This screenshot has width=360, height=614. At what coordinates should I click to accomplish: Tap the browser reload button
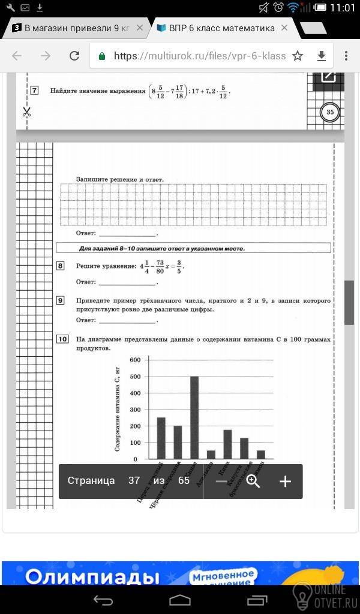click(x=74, y=56)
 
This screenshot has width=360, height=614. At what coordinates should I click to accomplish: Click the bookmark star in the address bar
click(x=298, y=56)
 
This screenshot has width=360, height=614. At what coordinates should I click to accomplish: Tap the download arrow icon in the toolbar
click(x=322, y=56)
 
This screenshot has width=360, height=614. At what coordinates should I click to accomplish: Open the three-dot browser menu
click(x=347, y=56)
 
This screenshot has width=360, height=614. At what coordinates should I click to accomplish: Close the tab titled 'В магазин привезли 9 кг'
click(x=139, y=28)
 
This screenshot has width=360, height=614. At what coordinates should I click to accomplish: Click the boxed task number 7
click(x=34, y=91)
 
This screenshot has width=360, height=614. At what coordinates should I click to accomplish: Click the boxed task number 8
click(x=61, y=266)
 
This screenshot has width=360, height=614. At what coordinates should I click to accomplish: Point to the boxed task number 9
click(x=61, y=300)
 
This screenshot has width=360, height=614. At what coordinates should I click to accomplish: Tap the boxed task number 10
click(x=62, y=339)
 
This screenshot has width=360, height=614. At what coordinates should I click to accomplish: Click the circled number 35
click(x=329, y=112)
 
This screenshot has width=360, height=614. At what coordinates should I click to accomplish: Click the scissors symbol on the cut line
click(x=26, y=112)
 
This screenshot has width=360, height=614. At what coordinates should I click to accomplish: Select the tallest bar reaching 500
click(x=194, y=417)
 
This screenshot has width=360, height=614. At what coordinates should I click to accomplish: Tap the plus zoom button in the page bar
click(x=285, y=481)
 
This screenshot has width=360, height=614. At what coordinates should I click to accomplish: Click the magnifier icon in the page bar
click(x=253, y=481)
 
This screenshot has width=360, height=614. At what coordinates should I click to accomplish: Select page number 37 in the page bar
click(x=134, y=481)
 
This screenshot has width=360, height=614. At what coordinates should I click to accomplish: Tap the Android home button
click(x=180, y=600)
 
